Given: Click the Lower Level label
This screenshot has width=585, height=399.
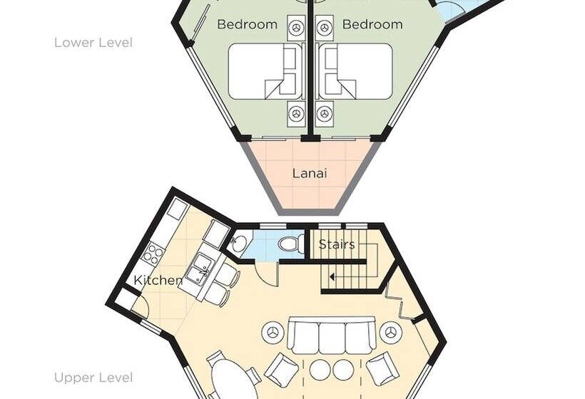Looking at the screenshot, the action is tap(93, 43).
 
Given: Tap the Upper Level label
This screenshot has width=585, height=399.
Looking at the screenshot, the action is tap(93, 378).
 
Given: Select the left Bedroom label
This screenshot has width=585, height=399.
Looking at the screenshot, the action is tap(247, 25).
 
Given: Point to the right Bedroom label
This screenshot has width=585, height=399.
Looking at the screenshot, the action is tap(372, 25).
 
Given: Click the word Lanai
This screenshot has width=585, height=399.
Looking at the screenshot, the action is tap(310, 174).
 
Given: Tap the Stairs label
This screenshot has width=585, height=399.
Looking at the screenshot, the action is tap(337, 244).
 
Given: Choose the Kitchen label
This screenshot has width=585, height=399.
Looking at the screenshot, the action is tap(158, 280).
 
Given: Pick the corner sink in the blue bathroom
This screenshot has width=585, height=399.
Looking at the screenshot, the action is tap(237, 244).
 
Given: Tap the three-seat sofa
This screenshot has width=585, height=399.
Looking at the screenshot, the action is tap(332, 336).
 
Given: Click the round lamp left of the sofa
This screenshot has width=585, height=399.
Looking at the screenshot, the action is tap(274, 332).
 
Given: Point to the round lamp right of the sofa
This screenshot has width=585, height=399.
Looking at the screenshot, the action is tap(391, 332).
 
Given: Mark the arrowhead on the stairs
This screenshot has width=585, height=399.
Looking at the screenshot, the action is tap(332, 276).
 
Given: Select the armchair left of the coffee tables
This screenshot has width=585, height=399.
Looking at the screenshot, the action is tap(282, 370).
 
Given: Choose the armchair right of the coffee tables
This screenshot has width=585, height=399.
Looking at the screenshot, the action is tap(383, 370).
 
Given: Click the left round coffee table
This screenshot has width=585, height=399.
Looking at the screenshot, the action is tap(320, 370).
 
